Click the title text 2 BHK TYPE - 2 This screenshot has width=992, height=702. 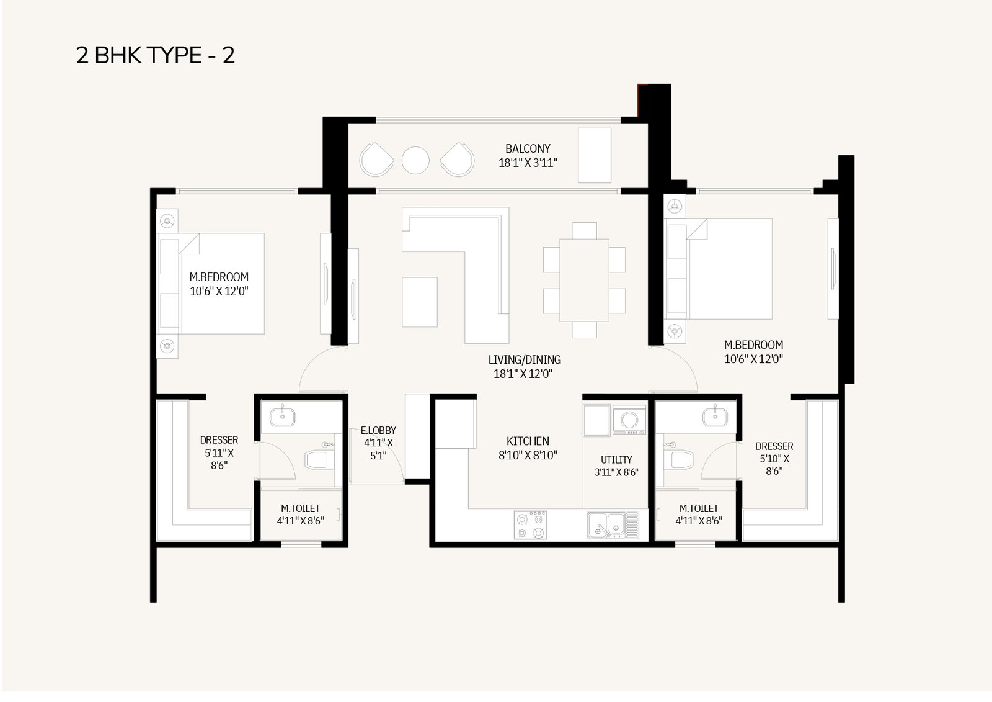tap(156, 55)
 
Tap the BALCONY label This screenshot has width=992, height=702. tap(528, 148)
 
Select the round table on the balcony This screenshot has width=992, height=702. tap(415, 160)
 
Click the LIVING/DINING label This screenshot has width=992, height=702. tap(525, 359)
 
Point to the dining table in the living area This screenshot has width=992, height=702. tap(584, 281)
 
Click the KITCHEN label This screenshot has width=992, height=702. tap(528, 441)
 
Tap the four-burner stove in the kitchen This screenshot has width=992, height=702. tap(530, 524)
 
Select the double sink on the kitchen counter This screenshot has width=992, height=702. tap(613, 524)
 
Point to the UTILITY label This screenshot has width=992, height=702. tap(616, 460)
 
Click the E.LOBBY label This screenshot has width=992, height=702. tap(378, 430)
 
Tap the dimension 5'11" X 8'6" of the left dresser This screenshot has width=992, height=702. tap(219, 459)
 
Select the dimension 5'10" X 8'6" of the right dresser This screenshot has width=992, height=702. tap(774, 465)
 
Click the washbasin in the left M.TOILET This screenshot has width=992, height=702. tap(283, 417)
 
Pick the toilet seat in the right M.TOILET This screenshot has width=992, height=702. tap(681, 459)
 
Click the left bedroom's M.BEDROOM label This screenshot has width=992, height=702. tap(219, 277)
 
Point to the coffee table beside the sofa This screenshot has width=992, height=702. tap(419, 302)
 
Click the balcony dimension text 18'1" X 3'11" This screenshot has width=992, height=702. tap(528, 163)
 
